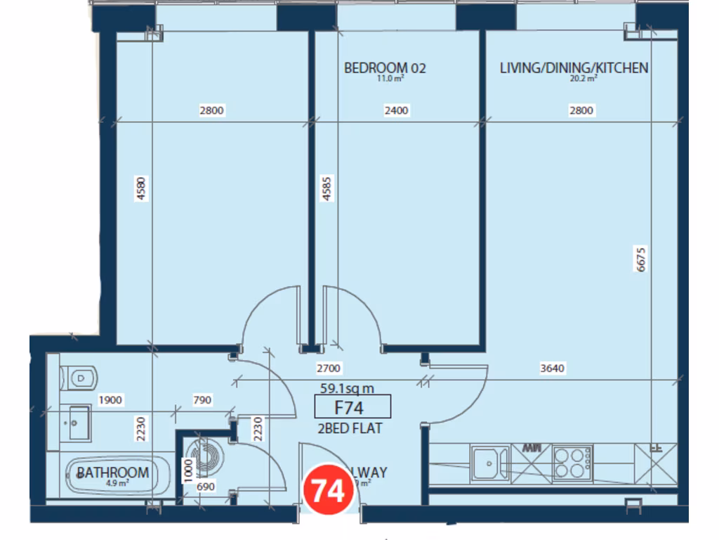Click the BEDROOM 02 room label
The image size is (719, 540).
coord(385,68)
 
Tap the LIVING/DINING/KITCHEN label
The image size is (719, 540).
coord(574,68)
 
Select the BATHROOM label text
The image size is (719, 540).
coord(113,472)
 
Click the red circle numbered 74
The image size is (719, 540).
coord(328,490)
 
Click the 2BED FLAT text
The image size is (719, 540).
coord(350,427)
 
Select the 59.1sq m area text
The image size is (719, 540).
coord(347,387)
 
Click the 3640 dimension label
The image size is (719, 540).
coord(553,368)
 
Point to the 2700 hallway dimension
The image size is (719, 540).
coord(329,368)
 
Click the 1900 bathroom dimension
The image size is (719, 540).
coord(110,401)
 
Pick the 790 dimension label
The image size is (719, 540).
coord(202,401)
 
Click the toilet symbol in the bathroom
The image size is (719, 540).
coord(79,378)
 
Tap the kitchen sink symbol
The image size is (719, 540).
coord(489,463)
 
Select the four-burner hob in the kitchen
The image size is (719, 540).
coord(572,463)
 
